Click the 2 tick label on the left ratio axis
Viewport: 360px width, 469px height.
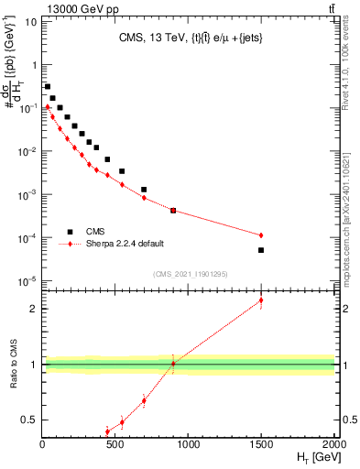click(x=34, y=309)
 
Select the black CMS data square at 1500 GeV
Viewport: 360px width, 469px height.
click(x=261, y=250)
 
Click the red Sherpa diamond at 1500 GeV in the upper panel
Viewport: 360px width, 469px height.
click(x=261, y=235)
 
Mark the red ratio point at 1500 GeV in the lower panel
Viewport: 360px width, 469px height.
click(x=261, y=300)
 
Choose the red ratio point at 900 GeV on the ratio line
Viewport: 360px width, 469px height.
click(x=173, y=364)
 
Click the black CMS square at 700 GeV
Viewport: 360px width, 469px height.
click(x=144, y=190)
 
